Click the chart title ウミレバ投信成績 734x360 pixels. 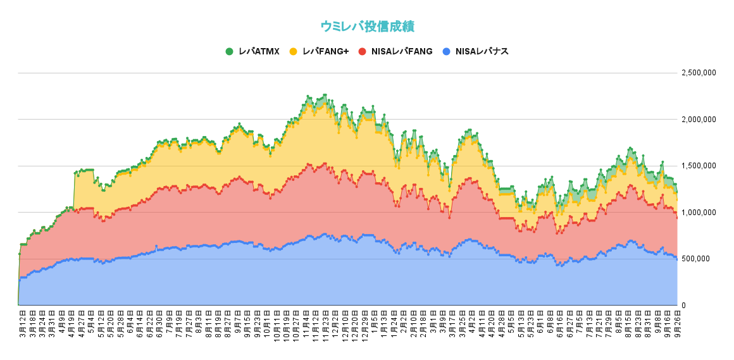click(x=367, y=27)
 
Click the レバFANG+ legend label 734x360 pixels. click(x=325, y=51)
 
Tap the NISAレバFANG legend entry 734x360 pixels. click(x=401, y=51)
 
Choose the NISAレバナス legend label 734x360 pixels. click(x=482, y=51)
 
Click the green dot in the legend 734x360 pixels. click(x=229, y=51)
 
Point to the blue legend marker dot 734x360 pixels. click(x=447, y=51)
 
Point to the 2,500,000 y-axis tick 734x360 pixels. click(x=699, y=73)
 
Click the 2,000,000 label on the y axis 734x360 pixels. click(x=699, y=120)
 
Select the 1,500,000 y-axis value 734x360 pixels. click(x=699, y=166)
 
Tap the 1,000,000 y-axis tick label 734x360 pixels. click(x=699, y=213)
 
